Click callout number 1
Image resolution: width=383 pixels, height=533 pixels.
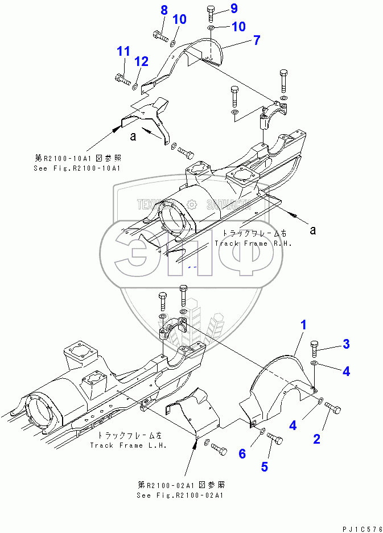304,325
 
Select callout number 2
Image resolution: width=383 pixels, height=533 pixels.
317,438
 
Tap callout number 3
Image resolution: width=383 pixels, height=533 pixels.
345,344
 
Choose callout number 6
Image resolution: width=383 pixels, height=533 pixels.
242,453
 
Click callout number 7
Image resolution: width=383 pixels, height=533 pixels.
257,40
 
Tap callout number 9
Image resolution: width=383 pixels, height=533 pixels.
218,8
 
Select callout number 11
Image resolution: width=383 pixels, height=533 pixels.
123,51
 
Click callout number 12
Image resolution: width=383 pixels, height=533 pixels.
141,61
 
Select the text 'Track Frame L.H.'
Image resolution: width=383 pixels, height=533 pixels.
128,445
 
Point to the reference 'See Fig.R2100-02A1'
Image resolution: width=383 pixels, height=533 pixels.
180,495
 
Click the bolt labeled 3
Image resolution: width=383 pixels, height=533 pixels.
315,346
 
